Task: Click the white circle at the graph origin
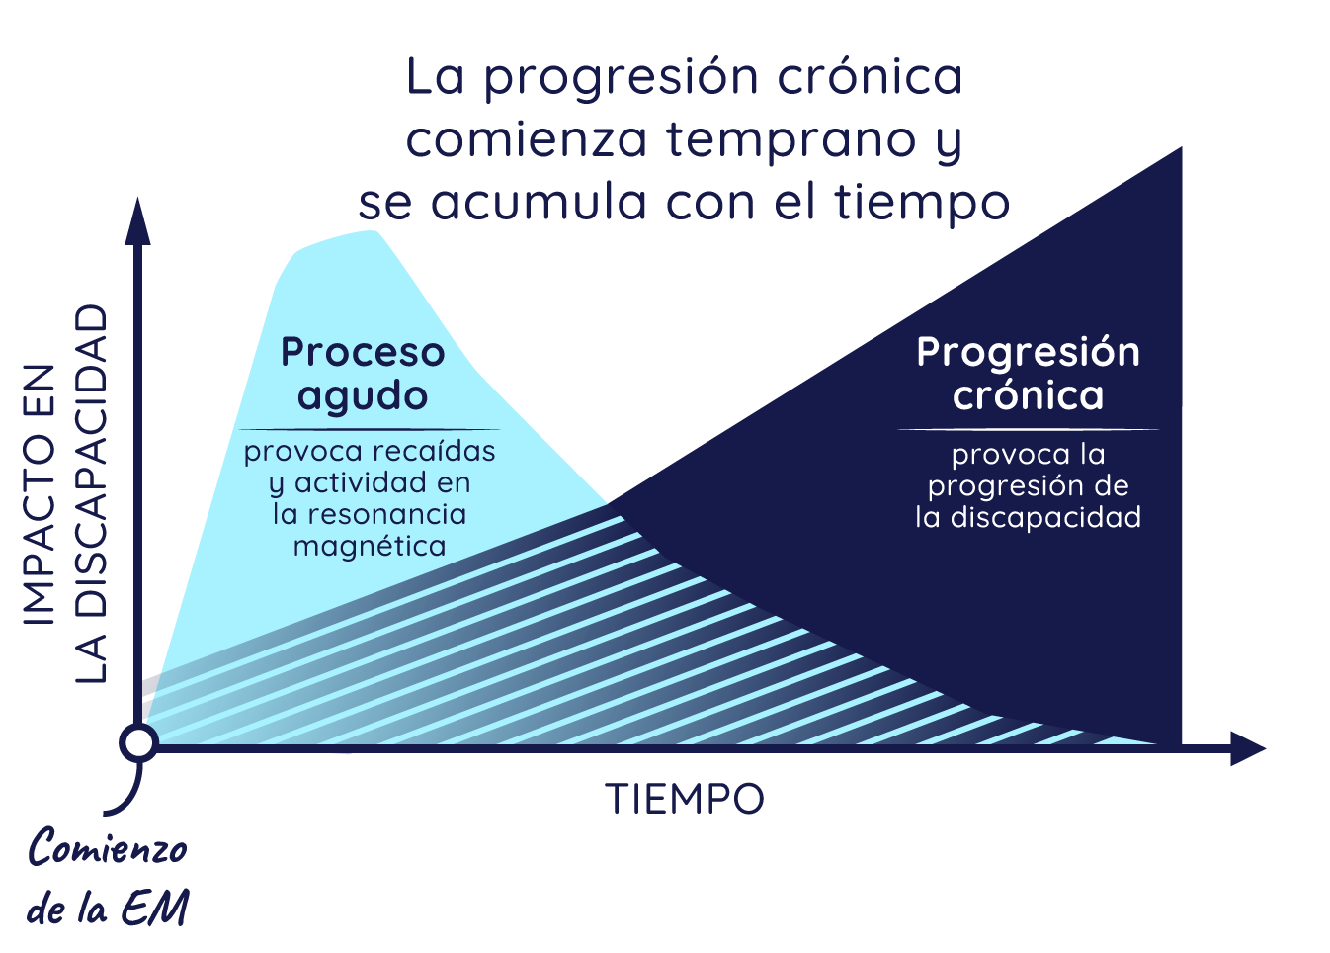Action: coord(139,743)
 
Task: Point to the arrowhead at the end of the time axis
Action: coord(1248,748)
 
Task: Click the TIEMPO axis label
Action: coord(685,799)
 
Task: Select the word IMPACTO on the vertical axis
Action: coord(40,494)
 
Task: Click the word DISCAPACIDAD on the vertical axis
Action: coord(91,437)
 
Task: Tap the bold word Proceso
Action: coord(363,352)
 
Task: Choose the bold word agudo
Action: coord(363,396)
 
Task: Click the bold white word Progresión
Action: coord(1029,353)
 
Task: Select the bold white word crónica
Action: coord(1029,395)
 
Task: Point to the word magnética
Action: coord(370,546)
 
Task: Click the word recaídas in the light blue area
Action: coord(437,452)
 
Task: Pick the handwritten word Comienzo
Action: coord(108,848)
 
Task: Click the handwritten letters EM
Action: coord(155,908)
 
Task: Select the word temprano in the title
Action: coord(790,140)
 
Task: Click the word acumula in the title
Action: coord(539,203)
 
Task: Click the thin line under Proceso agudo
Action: coord(370,429)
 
